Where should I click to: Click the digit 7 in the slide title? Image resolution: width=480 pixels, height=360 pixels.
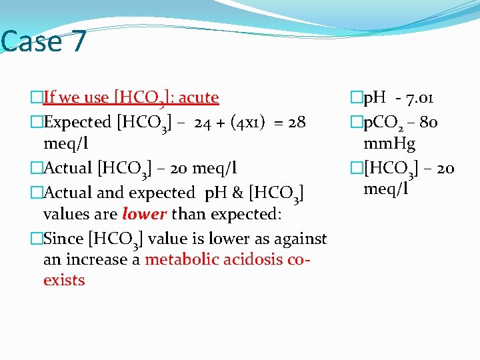77,41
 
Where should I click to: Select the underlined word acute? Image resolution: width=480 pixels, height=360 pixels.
197,97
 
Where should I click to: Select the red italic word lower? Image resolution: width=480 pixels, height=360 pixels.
145,214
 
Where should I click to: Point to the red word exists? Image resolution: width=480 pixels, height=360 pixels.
64,280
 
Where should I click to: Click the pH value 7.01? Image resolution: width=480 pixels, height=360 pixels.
419,98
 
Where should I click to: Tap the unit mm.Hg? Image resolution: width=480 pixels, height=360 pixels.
389,143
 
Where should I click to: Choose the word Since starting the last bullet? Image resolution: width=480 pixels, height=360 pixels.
63,239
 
